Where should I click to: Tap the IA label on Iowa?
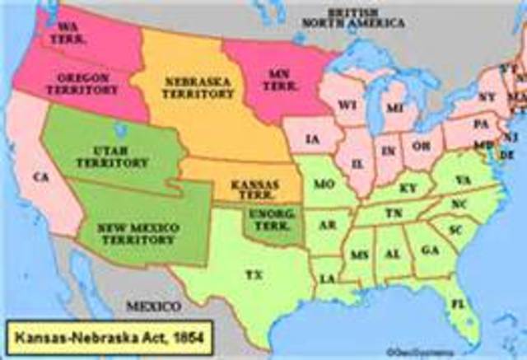coord(311,139)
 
